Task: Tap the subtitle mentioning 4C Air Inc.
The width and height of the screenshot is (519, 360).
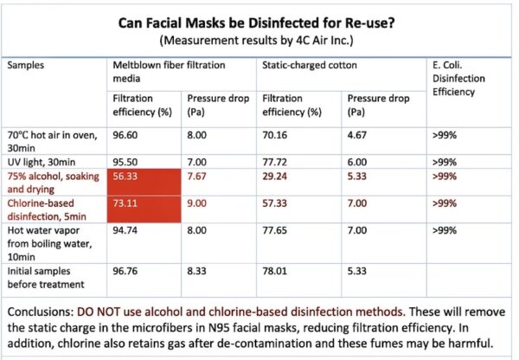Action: click(259, 40)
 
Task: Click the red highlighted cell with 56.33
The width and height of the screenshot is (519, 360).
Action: click(144, 177)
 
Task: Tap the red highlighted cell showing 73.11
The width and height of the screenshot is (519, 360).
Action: click(144, 207)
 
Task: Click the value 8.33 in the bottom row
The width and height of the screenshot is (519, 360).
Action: click(199, 270)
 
